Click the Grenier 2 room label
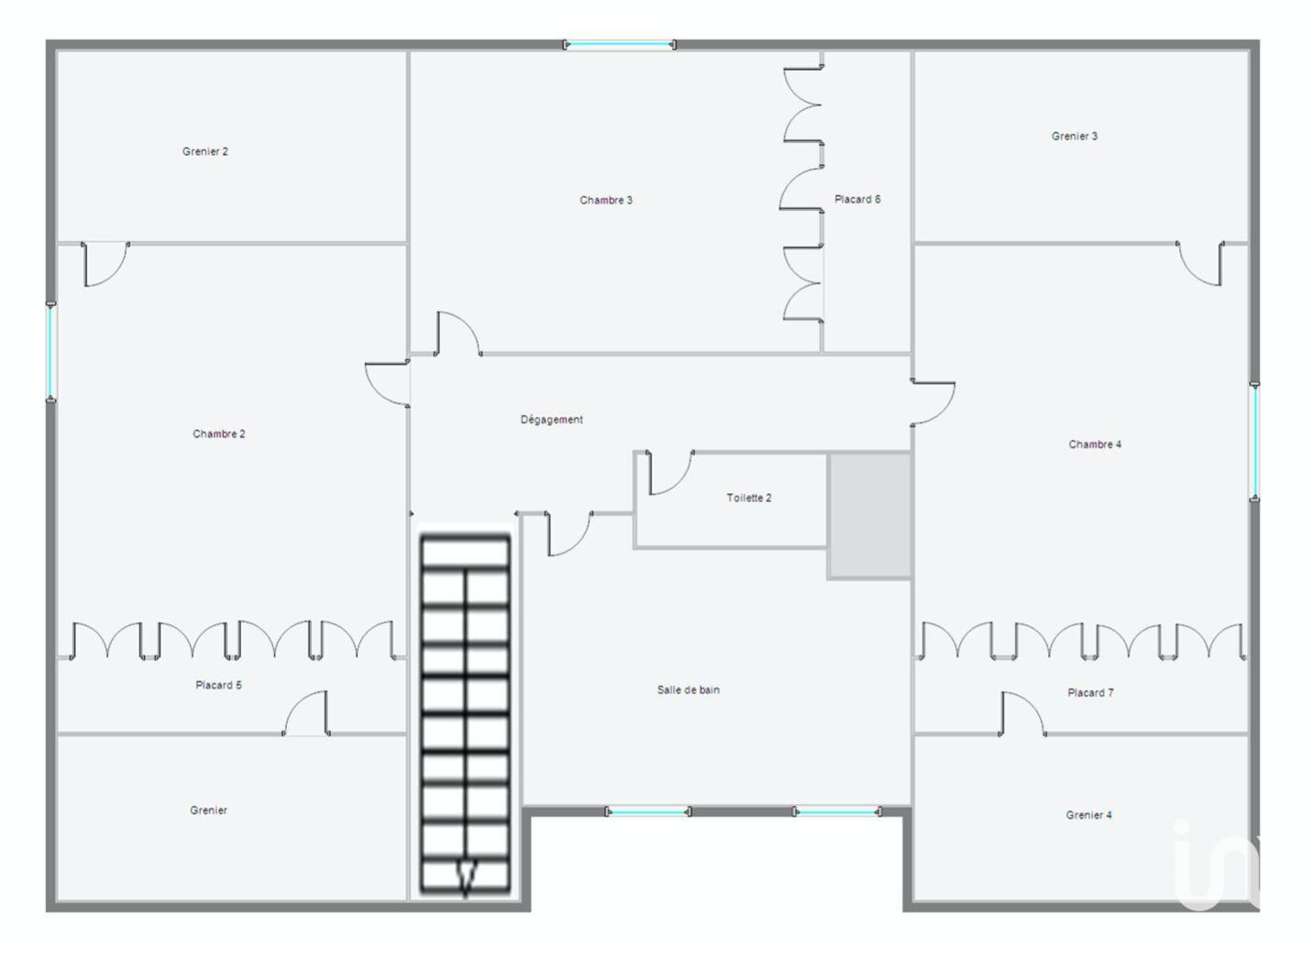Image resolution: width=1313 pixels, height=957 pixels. [205, 152]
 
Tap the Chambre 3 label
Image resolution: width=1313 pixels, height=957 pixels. [606, 201]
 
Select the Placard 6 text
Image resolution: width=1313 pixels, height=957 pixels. [857, 200]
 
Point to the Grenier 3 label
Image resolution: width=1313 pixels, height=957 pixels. [1075, 137]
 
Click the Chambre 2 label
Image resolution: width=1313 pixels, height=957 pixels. [219, 434]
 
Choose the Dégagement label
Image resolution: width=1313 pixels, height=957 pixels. [552, 420]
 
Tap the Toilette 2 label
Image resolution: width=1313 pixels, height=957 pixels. [749, 498]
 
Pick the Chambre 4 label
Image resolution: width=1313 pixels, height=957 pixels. [1095, 445]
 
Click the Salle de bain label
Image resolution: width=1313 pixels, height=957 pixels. [689, 690]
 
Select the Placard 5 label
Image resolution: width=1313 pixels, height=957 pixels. [218, 685]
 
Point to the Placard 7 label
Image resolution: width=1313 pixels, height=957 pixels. [1090, 693]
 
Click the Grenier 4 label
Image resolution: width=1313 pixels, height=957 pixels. [1088, 815]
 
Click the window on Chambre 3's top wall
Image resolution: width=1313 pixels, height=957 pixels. [620, 45]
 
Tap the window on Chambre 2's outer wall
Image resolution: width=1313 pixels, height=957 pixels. [51, 352]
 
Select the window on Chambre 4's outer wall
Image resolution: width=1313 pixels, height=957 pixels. [1254, 442]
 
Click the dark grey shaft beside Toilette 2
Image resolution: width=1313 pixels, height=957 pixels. [870, 516]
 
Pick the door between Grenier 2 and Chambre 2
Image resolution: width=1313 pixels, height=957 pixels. [105, 264]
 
